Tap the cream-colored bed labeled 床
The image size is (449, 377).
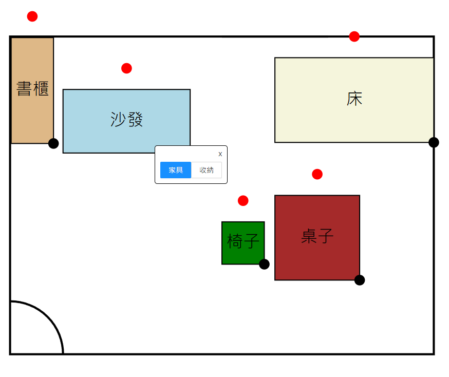coord(354,118)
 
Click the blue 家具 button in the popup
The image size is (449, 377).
coord(176,170)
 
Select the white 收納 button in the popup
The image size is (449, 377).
coord(207,170)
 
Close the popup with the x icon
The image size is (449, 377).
coord(220,154)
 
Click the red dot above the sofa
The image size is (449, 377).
coord(126,68)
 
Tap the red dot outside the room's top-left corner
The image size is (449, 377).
coord(32,16)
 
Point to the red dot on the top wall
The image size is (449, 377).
coord(354,36)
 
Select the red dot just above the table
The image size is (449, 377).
coord(317,174)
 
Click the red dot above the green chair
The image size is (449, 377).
coord(243,201)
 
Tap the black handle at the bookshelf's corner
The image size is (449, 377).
coord(53,143)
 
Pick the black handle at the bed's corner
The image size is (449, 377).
coord(434,142)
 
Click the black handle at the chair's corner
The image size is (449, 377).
coord(264,264)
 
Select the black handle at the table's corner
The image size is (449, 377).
coord(360,280)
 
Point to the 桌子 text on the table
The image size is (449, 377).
coord(317,236)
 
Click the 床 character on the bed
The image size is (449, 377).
coord(354,99)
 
